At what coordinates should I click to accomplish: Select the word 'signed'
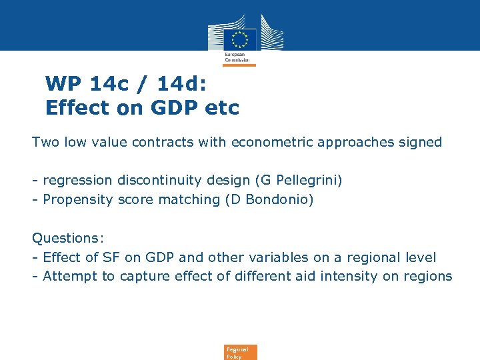tap(420, 142)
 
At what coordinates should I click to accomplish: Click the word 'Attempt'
tap(70, 276)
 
